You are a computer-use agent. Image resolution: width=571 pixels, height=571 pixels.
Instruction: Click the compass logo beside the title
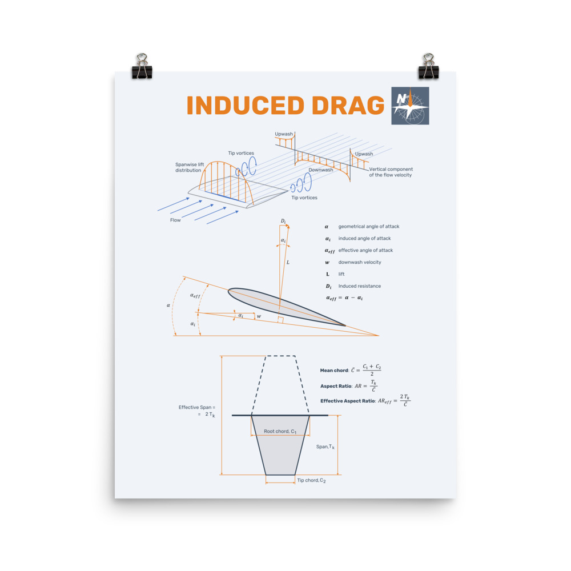click(410, 106)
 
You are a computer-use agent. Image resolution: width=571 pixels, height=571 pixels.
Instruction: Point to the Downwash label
click(321, 170)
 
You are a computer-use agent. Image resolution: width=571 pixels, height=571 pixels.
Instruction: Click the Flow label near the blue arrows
click(175, 220)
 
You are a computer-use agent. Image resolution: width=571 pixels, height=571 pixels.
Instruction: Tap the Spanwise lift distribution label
click(188, 167)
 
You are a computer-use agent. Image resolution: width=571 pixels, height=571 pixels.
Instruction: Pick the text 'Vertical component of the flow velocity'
click(391, 172)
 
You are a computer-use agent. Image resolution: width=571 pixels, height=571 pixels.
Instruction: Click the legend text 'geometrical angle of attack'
click(368, 227)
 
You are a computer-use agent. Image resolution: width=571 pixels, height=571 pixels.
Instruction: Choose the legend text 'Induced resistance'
click(359, 286)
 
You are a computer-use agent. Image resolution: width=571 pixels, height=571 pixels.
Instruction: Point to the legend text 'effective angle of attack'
click(365, 250)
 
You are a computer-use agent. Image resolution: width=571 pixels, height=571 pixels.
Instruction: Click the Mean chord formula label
click(334, 371)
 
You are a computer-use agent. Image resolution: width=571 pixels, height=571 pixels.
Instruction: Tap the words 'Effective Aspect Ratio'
click(347, 401)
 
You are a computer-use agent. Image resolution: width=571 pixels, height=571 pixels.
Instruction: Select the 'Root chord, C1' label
click(280, 432)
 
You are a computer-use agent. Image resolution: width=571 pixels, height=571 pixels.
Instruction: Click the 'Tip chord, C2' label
click(311, 481)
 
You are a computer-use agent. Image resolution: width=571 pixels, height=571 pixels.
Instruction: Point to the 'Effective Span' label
click(196, 407)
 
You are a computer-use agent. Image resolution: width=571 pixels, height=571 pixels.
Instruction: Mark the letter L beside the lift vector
click(287, 263)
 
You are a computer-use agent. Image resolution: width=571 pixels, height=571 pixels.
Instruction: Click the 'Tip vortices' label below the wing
click(304, 198)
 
